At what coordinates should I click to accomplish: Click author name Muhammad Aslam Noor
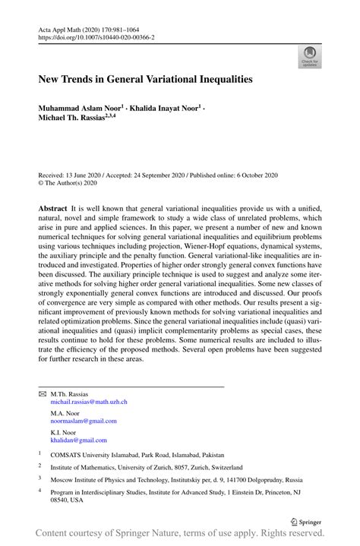pyautogui.click(x=82, y=109)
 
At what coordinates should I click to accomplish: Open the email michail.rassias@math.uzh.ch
pyautogui.click(x=89, y=402)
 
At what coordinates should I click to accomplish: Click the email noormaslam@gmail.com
pyautogui.click(x=84, y=421)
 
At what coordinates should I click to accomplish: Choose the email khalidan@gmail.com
pyautogui.click(x=79, y=440)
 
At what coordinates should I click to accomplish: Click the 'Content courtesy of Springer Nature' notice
pyautogui.click(x=180, y=536)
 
